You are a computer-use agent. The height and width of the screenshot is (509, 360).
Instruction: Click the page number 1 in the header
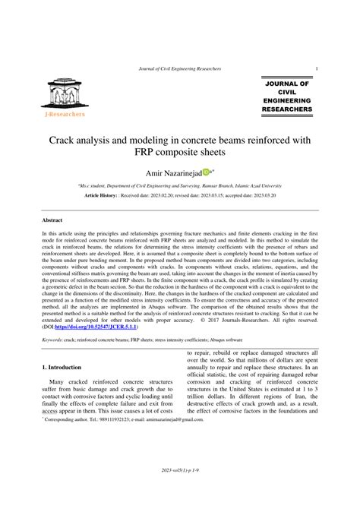[x=316, y=69]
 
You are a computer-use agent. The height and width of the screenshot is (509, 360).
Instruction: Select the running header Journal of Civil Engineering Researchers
[x=180, y=69]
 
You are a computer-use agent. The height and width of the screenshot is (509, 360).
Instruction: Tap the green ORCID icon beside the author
[x=205, y=174]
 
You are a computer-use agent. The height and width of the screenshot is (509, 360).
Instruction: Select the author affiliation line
[x=180, y=185]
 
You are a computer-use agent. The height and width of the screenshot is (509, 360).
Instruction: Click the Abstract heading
[x=52, y=220]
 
